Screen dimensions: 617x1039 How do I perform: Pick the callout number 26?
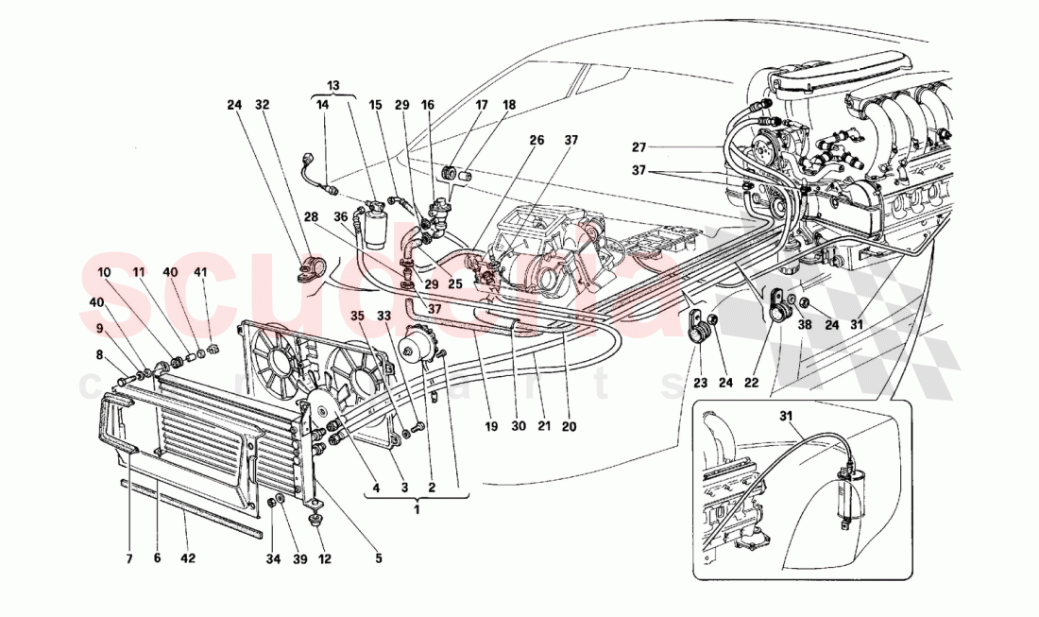pos(537,140)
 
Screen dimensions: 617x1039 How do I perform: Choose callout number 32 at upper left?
pos(262,106)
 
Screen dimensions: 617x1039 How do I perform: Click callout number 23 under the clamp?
pos(699,384)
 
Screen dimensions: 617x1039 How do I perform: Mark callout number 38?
pos(804,325)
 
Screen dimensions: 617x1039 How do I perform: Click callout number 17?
pos(483,106)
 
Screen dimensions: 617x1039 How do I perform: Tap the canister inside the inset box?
pos(849,491)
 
